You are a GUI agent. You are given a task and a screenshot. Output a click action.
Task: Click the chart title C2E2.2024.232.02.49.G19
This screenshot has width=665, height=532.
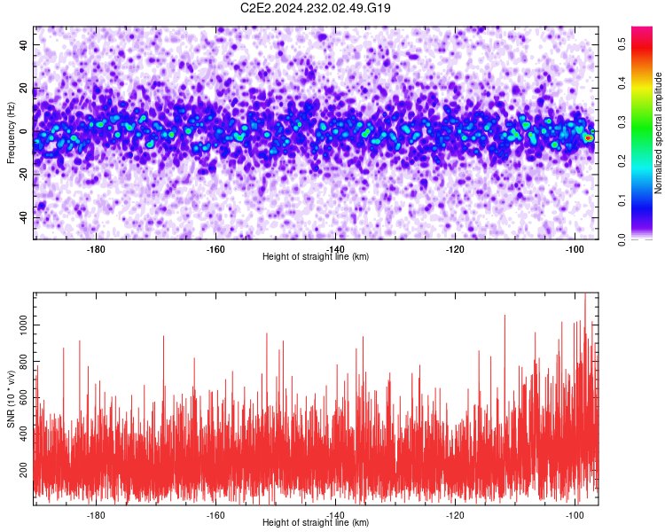click(x=315, y=8)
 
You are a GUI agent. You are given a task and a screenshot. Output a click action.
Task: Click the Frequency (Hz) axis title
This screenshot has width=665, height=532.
click(x=11, y=133)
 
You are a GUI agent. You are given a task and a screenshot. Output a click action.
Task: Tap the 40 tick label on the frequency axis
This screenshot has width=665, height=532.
click(x=24, y=44)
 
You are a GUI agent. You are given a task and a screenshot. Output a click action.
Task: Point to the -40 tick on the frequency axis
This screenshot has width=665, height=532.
click(x=24, y=217)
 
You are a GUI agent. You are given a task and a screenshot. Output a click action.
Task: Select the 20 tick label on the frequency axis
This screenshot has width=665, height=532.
click(x=24, y=88)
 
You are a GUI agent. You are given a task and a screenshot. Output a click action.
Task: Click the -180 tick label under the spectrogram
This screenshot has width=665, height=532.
click(x=96, y=249)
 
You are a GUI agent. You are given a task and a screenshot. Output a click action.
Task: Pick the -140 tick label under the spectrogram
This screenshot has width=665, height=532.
click(x=335, y=249)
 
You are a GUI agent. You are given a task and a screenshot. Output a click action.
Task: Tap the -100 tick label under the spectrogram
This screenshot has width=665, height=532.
click(x=575, y=249)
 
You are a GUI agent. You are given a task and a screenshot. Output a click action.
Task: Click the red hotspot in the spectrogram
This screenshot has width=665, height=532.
click(x=588, y=138)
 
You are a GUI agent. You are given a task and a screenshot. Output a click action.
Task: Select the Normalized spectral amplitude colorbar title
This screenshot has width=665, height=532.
click(x=658, y=133)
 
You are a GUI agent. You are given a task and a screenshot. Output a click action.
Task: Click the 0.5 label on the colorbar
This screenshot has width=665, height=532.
click(x=622, y=43)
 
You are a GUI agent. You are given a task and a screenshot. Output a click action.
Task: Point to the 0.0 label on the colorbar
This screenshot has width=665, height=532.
click(x=622, y=239)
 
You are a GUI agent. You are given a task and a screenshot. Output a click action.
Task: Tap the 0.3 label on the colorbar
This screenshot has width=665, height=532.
click(x=622, y=122)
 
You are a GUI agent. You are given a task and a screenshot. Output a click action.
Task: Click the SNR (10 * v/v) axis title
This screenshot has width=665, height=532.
click(x=11, y=399)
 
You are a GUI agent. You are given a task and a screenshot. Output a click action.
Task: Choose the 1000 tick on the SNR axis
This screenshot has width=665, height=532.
click(x=24, y=325)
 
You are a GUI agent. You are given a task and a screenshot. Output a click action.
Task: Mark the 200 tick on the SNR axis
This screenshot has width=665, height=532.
click(x=24, y=470)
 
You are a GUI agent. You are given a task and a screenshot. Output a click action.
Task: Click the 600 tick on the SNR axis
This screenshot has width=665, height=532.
click(x=24, y=397)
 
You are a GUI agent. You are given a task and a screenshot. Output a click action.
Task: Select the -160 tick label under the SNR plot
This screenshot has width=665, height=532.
click(x=215, y=514)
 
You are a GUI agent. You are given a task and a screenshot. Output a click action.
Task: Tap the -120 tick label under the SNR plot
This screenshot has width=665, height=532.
click(x=455, y=514)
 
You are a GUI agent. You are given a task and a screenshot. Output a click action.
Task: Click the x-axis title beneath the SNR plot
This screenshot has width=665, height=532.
click(x=316, y=522)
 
